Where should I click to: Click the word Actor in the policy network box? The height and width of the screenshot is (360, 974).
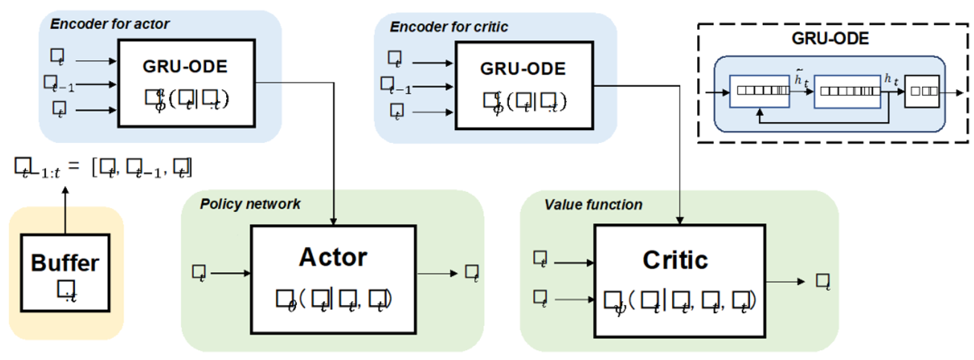click(x=333, y=257)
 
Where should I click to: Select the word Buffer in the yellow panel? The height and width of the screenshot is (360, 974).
click(x=65, y=263)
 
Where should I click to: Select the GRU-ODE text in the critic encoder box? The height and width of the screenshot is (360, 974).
click(x=522, y=68)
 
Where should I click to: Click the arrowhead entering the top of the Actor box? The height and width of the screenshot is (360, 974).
click(x=335, y=221)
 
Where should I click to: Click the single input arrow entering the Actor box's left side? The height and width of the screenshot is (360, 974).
click(x=231, y=274)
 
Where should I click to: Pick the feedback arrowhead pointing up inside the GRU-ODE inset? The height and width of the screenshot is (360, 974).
click(x=758, y=113)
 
